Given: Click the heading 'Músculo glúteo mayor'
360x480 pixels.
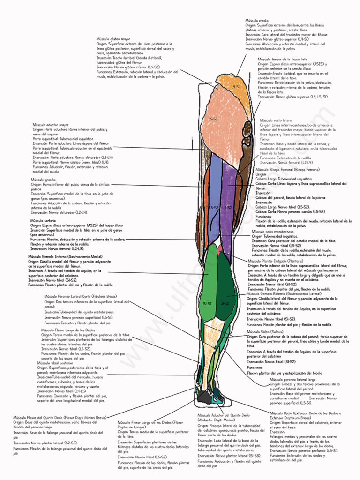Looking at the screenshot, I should click(113, 39).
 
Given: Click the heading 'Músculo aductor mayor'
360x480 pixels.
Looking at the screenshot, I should click(51, 125).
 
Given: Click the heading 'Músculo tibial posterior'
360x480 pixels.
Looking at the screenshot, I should click(55, 363).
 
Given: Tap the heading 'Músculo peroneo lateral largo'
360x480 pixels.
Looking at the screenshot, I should click(292, 379).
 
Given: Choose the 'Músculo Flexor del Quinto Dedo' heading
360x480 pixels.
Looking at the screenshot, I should click(60, 417).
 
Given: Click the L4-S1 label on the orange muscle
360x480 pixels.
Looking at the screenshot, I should click(235, 87).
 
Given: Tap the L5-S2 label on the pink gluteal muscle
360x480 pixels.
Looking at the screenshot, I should click(213, 119).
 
